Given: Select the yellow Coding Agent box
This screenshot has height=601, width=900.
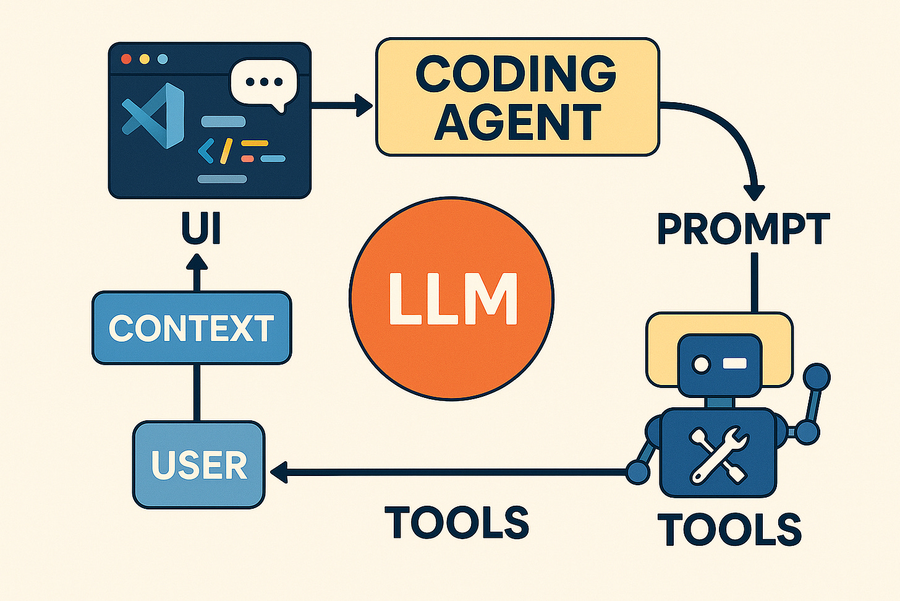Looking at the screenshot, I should (517, 97).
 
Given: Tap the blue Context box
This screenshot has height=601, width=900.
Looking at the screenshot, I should (191, 327).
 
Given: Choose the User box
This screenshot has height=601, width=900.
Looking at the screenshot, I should (199, 465).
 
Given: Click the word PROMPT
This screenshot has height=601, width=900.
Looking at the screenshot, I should (743, 229).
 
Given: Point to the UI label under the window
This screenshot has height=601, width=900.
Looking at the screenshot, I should (201, 229).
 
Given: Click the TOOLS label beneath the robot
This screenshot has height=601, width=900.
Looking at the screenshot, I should (729, 529).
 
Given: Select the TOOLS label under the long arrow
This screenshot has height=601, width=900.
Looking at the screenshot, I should (457, 522).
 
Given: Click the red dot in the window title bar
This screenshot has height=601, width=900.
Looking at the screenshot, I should (127, 59).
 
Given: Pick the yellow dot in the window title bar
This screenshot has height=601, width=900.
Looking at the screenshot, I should (145, 59).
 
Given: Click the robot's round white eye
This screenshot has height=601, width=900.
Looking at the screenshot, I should (702, 364).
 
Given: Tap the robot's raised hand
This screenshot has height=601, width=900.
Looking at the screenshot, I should (817, 374).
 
